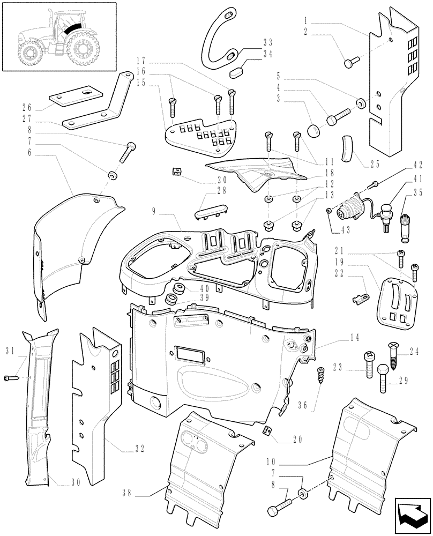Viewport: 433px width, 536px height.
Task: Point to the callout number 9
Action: click(154, 212)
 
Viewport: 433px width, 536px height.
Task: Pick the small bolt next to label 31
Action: click(10, 378)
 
